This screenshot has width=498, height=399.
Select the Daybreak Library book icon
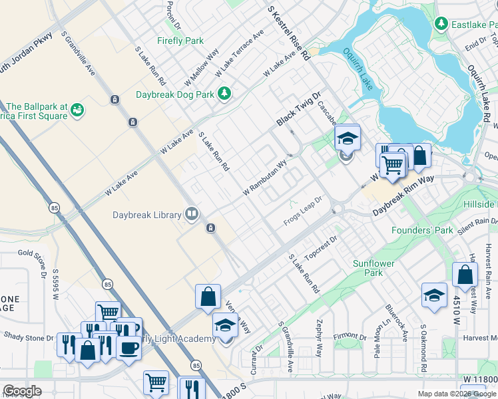(x=191, y=213)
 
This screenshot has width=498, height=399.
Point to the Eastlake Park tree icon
(x=440, y=24)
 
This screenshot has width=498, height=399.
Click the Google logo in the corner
(x=23, y=391)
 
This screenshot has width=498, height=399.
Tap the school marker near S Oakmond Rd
(x=434, y=296)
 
